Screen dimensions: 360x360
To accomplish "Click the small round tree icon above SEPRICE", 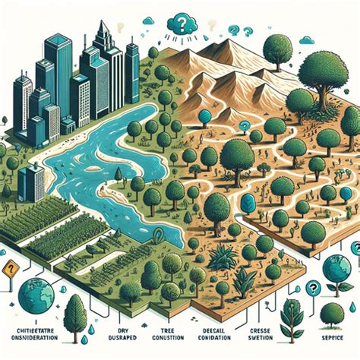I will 331,313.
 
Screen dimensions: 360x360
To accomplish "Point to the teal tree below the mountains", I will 204,118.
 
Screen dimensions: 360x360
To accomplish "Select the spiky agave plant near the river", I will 220,258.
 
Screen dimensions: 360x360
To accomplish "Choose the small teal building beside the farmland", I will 32,182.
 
